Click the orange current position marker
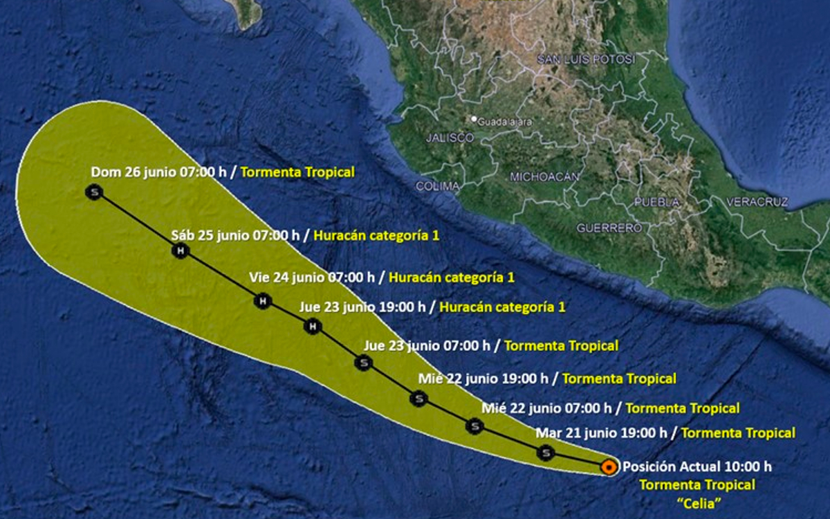(x=609, y=467)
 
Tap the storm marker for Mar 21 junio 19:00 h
(x=546, y=453)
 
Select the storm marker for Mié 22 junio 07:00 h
(x=474, y=426)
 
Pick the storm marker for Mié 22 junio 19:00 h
(x=418, y=398)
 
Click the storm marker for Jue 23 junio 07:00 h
(x=363, y=362)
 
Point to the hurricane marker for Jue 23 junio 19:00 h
(x=313, y=326)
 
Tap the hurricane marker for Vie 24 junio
(x=262, y=301)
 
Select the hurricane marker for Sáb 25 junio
(x=181, y=251)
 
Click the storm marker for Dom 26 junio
(x=94, y=192)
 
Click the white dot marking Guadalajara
(x=474, y=119)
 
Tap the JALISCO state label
(x=450, y=138)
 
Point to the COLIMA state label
(x=437, y=186)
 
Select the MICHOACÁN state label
(x=544, y=177)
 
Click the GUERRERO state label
(x=609, y=228)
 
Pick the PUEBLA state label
(x=658, y=203)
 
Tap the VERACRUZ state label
(x=757, y=202)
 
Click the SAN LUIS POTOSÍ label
(x=586, y=60)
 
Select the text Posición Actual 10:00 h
(x=697, y=466)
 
